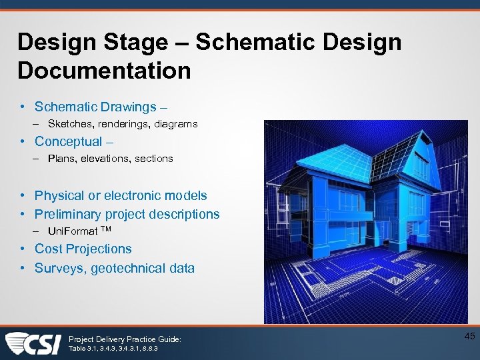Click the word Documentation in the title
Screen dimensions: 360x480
[104, 71]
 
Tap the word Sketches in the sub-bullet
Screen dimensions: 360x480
[70, 124]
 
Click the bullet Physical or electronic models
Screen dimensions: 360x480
[121, 195]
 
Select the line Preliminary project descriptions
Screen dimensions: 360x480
[127, 214]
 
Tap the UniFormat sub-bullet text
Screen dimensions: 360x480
[73, 231]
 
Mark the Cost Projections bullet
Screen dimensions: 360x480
[83, 249]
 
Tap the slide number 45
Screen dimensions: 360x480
[469, 337]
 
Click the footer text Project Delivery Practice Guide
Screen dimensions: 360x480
[125, 339]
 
